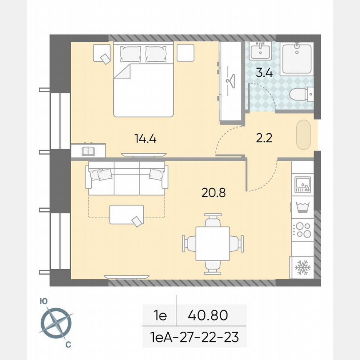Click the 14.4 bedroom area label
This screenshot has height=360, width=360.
coord(145,138)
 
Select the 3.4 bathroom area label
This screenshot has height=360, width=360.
coord(264,74)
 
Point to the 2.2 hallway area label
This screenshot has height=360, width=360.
coord(264,138)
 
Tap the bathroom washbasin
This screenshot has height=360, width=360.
coord(261,50)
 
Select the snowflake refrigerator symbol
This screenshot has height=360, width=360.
coord(302,267)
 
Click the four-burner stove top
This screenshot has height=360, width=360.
coord(302,230)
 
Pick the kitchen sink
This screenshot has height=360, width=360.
coord(302,184)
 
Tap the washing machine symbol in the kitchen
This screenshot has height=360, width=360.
coord(302,207)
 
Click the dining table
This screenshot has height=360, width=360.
coord(212,244)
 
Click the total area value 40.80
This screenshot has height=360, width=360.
coord(208,315)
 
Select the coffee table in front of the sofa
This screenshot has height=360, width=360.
coord(127,215)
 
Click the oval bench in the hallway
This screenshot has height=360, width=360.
coord(304,135)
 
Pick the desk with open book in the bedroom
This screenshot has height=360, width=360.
coord(88,150)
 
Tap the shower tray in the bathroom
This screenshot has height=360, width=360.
coord(296,59)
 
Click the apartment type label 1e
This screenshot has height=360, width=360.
coord(160,315)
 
